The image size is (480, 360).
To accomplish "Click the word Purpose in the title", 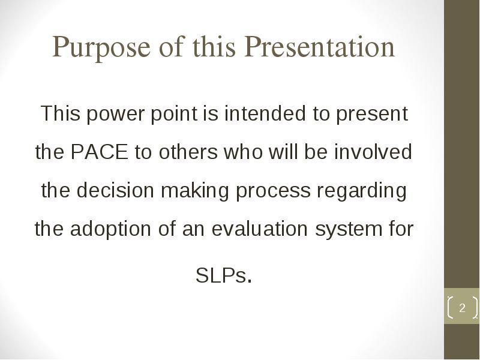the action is pos(101,47).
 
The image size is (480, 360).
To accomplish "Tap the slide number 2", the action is pos(462,307).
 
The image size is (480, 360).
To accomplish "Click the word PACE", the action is pos(99,152).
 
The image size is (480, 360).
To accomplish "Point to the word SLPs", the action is pos(221,275).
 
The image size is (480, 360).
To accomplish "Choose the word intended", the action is pos(265,113).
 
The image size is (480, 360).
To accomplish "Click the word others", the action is pos(188,152).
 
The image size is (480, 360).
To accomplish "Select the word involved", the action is pos(373,152).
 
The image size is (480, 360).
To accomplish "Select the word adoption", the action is pos(110,230).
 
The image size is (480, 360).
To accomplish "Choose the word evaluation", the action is pos(260,229).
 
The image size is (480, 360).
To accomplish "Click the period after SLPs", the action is pos(250,280).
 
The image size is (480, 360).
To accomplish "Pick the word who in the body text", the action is pos(244,152).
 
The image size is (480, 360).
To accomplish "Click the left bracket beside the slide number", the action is pos(451,307).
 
